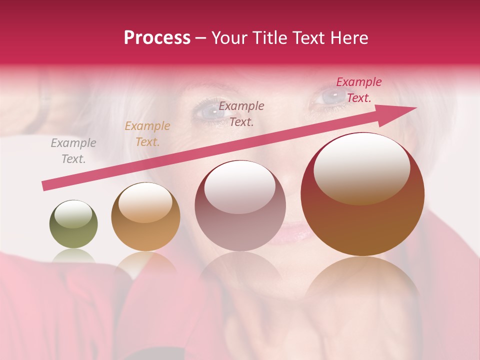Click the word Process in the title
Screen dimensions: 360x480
[157, 38]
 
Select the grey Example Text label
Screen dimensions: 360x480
[73, 151]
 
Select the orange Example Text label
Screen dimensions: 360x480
[147, 134]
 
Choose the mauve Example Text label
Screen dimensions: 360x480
[241, 113]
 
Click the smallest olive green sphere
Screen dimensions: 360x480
[73, 224]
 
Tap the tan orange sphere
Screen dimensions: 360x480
[145, 216]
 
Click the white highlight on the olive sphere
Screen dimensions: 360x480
[73, 215]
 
